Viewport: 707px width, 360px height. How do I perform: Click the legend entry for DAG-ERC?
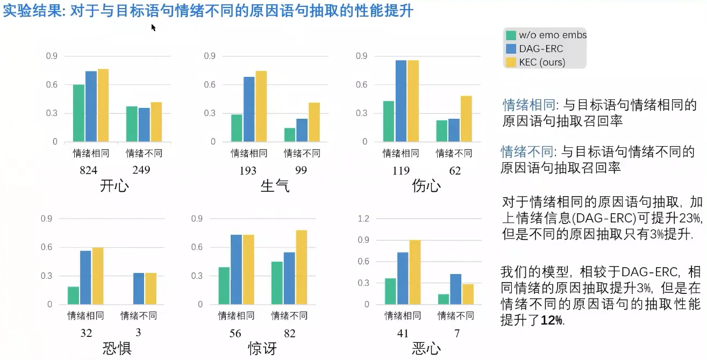pos(540,48)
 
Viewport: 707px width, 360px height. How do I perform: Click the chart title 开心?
pos(115,186)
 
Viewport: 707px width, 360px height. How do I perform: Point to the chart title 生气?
pos(275,186)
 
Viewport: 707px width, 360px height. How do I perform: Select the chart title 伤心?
pos(426,186)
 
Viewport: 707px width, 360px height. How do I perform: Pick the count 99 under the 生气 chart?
pos(301,170)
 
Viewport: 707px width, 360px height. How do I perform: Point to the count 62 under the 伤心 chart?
pos(454,170)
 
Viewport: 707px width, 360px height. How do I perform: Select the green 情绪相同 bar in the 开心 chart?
pos(79,113)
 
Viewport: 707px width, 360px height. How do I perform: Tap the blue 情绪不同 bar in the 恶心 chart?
pos(455,289)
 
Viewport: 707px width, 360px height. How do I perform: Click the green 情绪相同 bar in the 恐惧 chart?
pos(73,296)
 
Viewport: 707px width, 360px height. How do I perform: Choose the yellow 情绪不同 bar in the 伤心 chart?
pos(466,119)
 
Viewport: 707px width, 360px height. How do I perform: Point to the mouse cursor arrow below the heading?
pos(153,27)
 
